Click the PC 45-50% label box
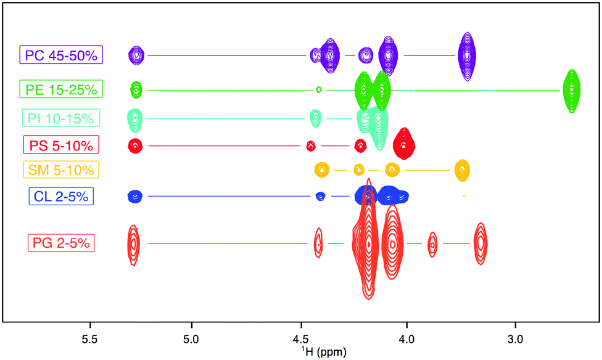[61, 55]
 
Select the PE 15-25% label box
[61, 90]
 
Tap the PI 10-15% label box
[61, 118]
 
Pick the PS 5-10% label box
[61, 146]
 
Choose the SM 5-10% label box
[61, 169]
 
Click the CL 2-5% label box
[61, 197]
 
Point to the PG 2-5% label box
[61, 243]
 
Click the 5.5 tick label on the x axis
[90, 339]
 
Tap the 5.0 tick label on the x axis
[192, 339]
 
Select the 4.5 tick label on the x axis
[301, 339]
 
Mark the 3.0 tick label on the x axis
[516, 339]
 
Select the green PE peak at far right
[572, 90]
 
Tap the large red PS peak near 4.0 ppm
[404, 145]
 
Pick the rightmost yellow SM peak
[462, 169]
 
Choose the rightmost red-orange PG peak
[481, 243]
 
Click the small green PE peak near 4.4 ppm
[318, 89]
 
